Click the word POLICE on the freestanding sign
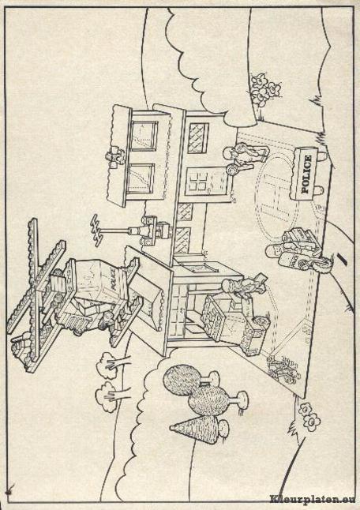click(306, 174)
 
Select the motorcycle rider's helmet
click(272, 251)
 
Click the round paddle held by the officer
click(233, 170)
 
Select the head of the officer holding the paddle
click(229, 153)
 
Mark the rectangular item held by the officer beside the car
click(261, 279)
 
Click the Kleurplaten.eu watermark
click(312, 500)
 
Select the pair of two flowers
click(309, 417)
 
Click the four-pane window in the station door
click(198, 181)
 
